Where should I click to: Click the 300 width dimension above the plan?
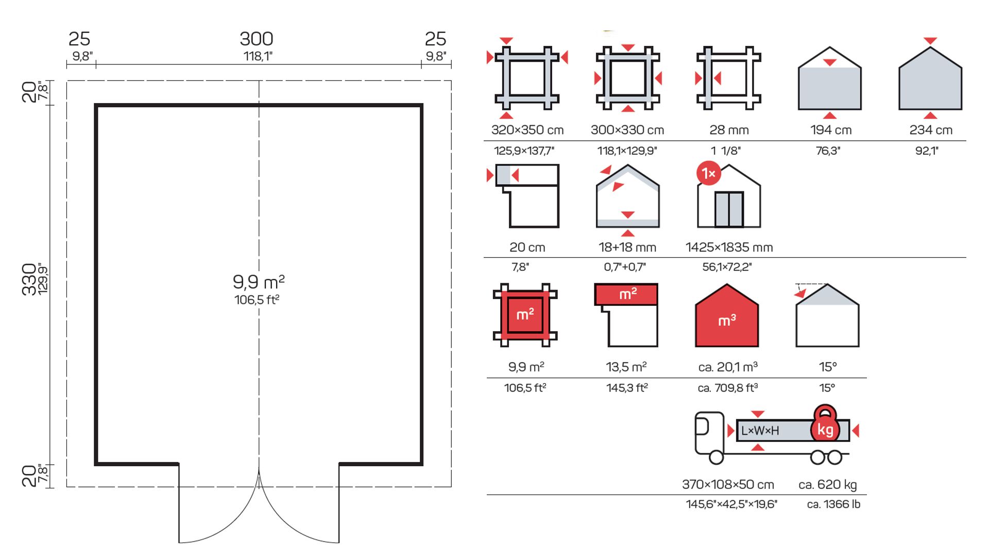point(257,39)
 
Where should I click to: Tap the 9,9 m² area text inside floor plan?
point(259,282)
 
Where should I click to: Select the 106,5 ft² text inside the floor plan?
point(257,300)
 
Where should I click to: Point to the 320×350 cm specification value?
point(527,130)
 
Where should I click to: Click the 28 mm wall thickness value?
point(729,130)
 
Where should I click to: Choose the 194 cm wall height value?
point(830,130)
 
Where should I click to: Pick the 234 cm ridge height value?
point(930,130)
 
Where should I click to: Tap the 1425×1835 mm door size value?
point(729,248)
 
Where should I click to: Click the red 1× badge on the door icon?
point(708,174)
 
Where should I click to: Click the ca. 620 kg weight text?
point(827,485)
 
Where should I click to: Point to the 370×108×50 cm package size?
point(728,485)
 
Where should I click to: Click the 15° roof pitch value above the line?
point(827,367)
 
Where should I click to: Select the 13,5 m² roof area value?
point(626,367)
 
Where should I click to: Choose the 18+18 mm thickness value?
point(627,248)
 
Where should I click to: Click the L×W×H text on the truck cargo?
point(760,431)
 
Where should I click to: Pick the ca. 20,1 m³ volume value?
point(727,367)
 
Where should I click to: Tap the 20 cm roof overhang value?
point(527,248)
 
